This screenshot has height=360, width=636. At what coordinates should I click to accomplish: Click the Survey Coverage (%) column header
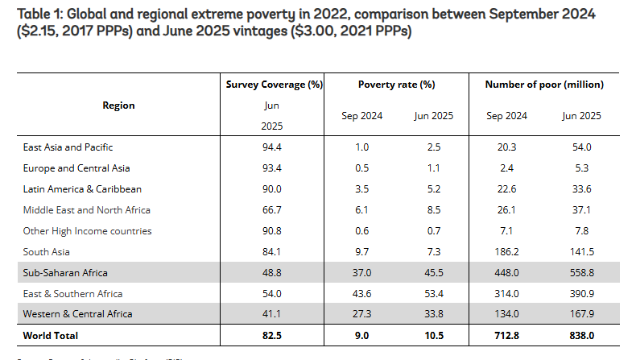pyautogui.click(x=274, y=85)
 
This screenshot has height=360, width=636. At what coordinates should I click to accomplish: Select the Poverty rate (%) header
pyautogui.click(x=396, y=85)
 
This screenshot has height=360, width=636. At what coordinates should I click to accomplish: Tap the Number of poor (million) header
pyautogui.click(x=544, y=85)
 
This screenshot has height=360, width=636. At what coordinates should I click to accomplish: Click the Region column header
pyautogui.click(x=119, y=106)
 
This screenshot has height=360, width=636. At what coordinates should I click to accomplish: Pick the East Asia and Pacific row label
pyautogui.click(x=68, y=147)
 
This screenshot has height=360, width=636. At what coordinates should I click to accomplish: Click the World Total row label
pyautogui.click(x=51, y=334)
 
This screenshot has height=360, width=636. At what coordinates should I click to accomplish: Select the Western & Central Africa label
pyautogui.click(x=77, y=313)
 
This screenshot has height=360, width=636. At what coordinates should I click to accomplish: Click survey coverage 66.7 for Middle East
pyautogui.click(x=273, y=210)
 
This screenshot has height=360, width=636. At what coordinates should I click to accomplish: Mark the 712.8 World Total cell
pyautogui.click(x=507, y=334)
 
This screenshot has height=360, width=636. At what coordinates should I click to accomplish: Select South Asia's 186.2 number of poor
pyautogui.click(x=507, y=252)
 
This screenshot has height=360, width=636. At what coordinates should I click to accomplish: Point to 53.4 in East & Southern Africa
pyautogui.click(x=434, y=294)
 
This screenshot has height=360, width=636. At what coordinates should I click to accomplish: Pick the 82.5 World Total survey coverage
pyautogui.click(x=273, y=334)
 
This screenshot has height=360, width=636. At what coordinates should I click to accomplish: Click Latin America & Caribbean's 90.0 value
pyautogui.click(x=273, y=189)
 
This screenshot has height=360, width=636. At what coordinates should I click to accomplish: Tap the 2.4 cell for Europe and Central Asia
pyautogui.click(x=507, y=168)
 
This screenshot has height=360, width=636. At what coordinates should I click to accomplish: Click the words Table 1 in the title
pyautogui.click(x=31, y=13)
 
